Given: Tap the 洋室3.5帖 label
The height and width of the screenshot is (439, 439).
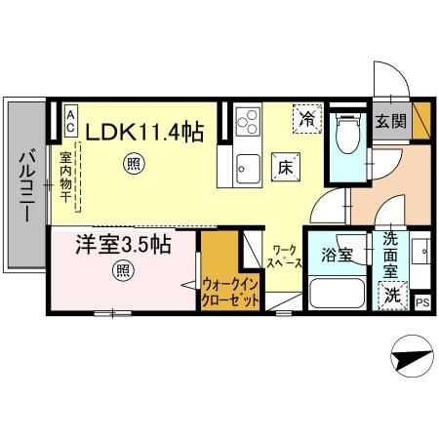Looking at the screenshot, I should pyautogui.click(x=123, y=245).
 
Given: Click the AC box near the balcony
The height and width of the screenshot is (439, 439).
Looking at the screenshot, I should pyautogui.click(x=70, y=121).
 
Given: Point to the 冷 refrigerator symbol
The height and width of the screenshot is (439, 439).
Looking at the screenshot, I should pyautogui.click(x=307, y=120).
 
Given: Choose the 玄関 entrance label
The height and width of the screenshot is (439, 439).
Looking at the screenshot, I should pyautogui.click(x=391, y=123).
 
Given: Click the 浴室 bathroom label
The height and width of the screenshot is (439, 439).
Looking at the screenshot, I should pyautogui.click(x=337, y=258).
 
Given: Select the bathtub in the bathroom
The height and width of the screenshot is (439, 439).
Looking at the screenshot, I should pyautogui.click(x=336, y=293).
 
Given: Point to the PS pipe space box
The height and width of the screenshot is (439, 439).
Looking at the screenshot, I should pyautogui.click(x=422, y=302).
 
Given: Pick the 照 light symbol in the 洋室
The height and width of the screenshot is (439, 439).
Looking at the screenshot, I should pyautogui.click(x=123, y=270).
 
